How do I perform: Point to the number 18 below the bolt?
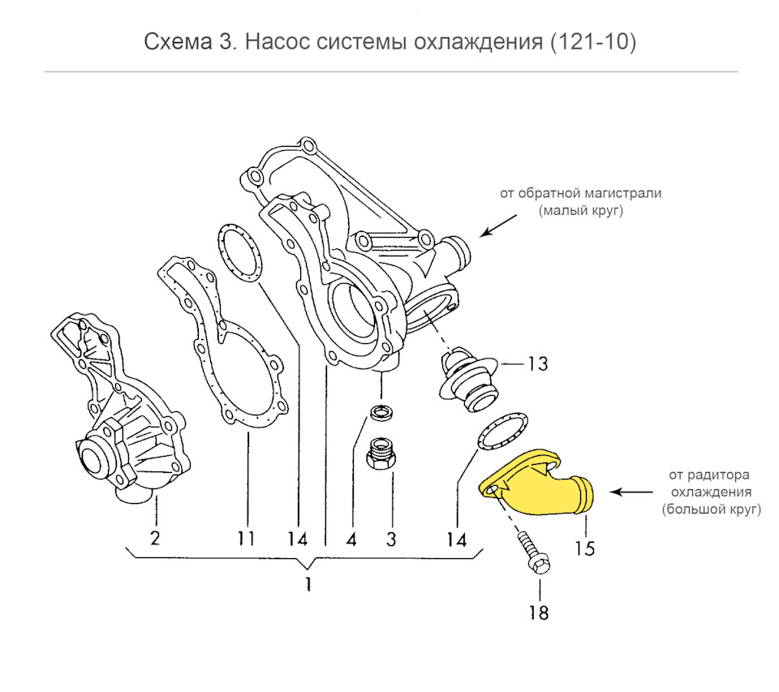[x=539, y=612]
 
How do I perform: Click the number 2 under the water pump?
[x=155, y=537]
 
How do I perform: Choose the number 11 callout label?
[x=246, y=537]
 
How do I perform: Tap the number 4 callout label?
[x=353, y=537]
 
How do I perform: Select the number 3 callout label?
[x=390, y=537]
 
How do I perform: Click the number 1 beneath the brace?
[x=308, y=584]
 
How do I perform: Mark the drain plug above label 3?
[x=381, y=454]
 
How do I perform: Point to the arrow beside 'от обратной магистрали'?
[x=497, y=226]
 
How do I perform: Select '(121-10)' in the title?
[x=592, y=42]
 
